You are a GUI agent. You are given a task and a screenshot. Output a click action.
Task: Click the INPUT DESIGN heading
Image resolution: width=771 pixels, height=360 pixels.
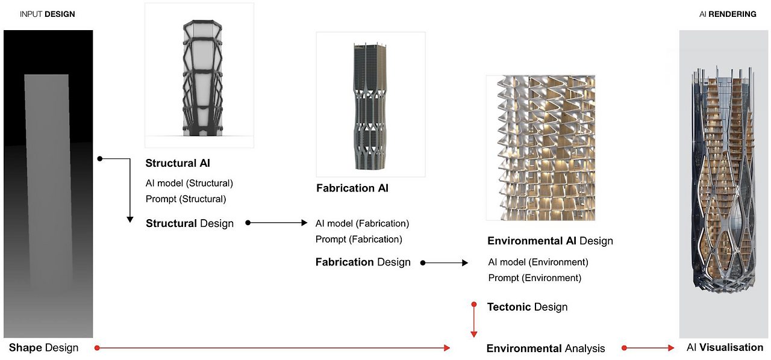(48, 14)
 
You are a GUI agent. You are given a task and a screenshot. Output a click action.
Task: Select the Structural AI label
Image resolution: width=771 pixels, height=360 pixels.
(178, 163)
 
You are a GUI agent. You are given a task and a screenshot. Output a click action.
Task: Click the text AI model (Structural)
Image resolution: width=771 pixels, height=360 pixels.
(189, 183)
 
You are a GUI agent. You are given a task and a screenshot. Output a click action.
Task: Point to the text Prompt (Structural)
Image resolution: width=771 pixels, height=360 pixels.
(186, 199)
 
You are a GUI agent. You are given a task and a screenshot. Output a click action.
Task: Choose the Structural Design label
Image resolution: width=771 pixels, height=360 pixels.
(190, 223)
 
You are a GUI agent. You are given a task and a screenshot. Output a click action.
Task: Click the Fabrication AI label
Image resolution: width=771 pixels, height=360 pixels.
(352, 188)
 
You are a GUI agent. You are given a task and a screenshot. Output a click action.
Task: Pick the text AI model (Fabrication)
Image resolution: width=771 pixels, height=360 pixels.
(362, 223)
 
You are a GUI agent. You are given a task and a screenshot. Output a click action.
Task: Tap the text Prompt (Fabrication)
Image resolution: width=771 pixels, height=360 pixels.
(358, 239)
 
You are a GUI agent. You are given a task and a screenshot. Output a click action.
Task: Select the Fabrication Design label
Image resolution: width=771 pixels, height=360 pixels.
(363, 262)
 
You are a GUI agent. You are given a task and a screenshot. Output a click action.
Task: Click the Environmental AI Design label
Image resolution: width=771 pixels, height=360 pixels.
(550, 241)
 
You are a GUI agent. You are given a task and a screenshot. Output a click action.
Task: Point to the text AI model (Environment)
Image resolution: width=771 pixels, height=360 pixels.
(538, 262)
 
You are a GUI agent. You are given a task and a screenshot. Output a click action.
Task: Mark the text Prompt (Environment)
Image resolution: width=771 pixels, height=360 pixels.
(534, 278)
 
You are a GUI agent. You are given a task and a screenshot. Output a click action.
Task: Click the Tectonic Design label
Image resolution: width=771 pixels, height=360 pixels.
(527, 307)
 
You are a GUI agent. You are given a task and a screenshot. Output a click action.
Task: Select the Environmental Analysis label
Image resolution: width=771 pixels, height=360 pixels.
(546, 348)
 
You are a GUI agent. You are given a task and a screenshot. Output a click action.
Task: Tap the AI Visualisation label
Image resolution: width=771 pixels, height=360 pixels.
(725, 347)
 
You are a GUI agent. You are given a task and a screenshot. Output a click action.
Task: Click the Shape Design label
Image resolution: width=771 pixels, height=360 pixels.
(43, 347)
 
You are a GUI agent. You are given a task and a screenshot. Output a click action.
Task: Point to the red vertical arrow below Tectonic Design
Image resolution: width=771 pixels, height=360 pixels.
(474, 320)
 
